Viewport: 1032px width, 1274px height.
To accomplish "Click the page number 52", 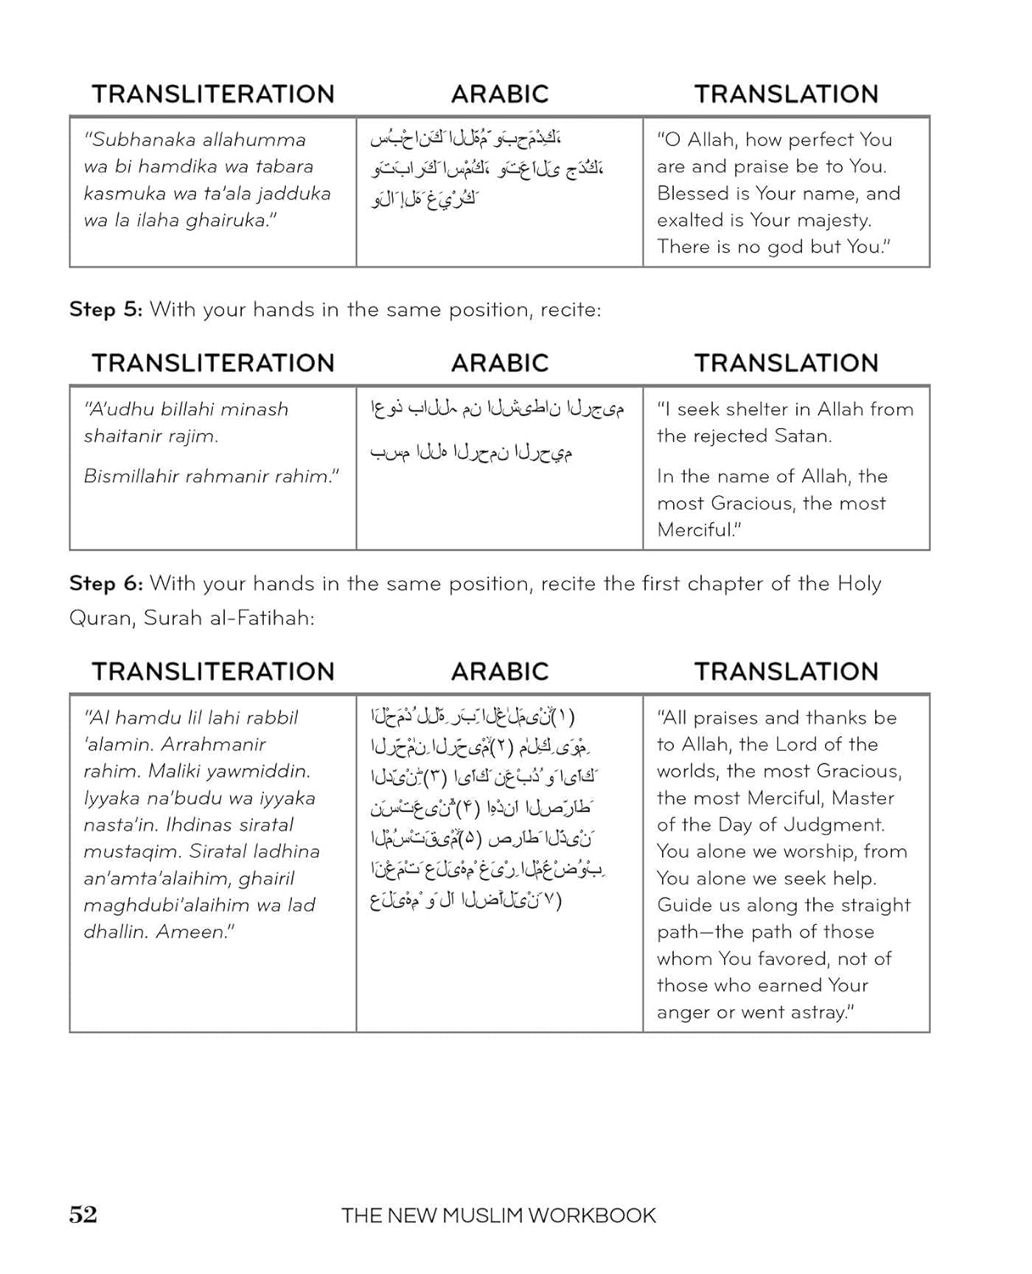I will coord(83,1215).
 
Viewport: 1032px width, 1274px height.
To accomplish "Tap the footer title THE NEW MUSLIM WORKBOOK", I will coord(498,1215).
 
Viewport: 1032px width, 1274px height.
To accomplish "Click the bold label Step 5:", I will coord(105,309).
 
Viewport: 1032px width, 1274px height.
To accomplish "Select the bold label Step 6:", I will coord(105,583).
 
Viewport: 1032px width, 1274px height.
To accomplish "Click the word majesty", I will coord(834,221).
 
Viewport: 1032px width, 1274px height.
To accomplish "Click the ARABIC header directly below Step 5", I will coord(500,364).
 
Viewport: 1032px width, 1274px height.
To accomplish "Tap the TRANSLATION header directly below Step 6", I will coord(786,672).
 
